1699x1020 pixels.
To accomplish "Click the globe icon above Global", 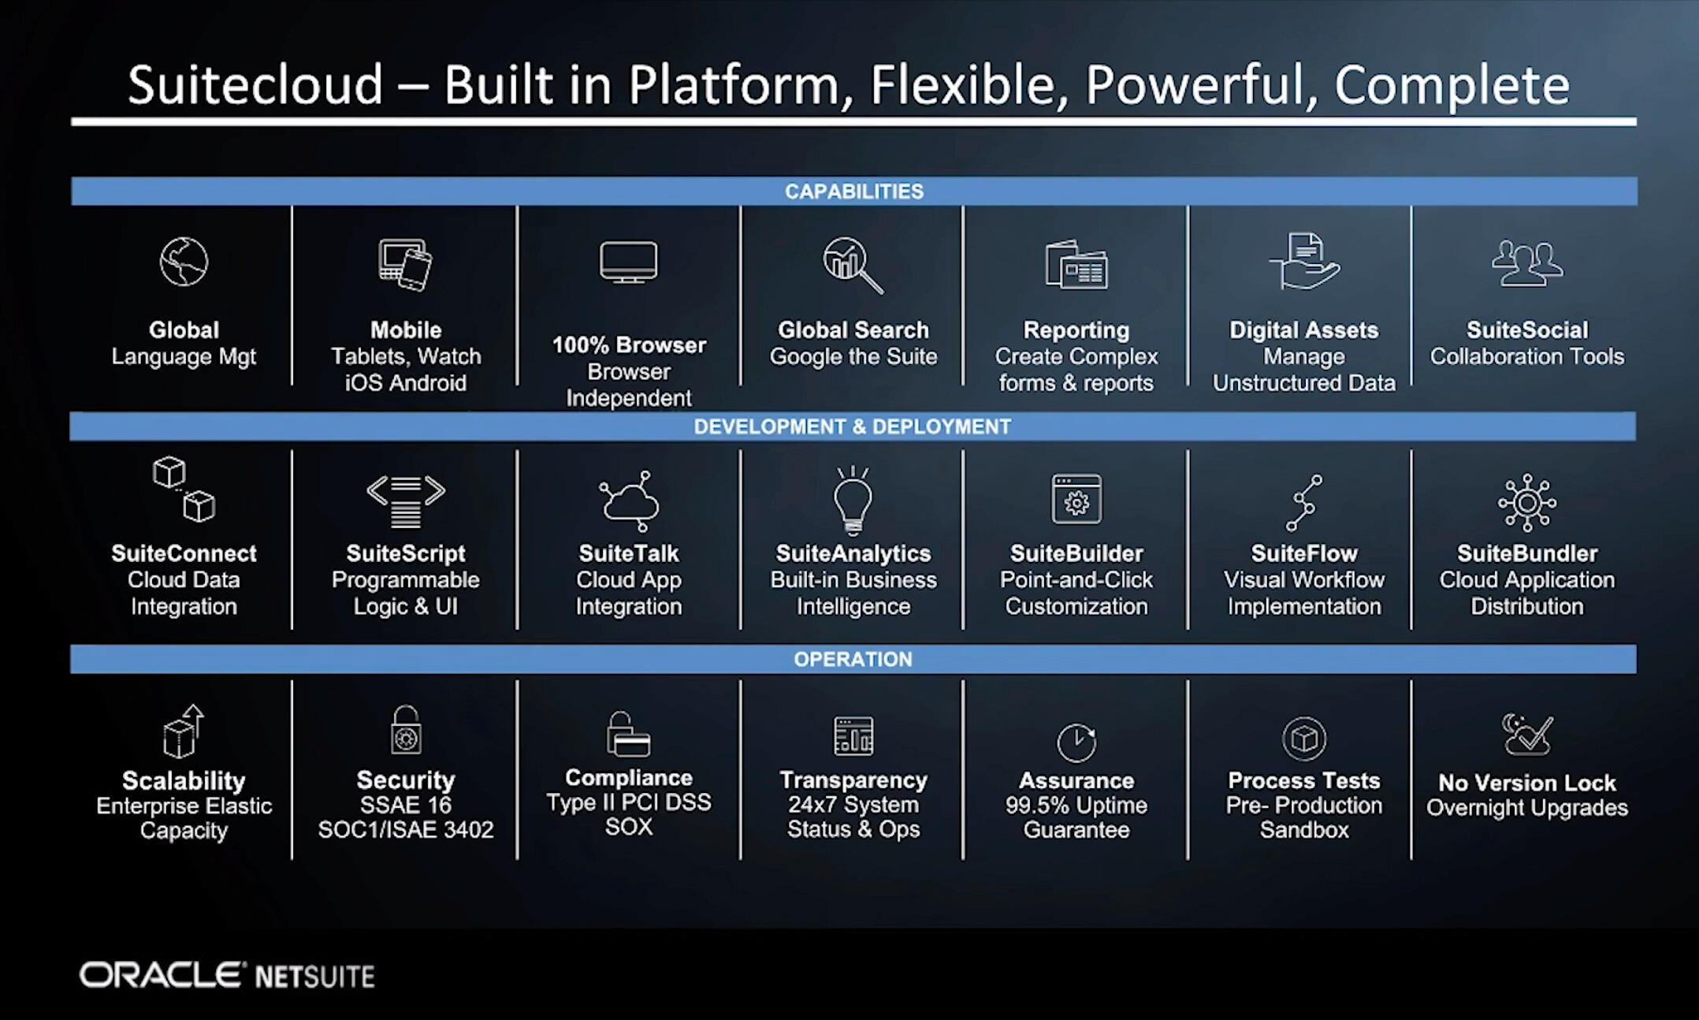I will pos(184,262).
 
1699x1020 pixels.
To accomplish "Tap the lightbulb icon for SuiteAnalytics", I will pos(853,500).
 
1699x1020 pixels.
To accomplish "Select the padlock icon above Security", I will pos(406,730).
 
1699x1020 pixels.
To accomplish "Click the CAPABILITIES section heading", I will pos(853,192).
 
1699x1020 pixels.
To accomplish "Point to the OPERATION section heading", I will pos(853,659).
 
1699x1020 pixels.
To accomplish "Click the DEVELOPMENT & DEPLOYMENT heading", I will pos(852,426).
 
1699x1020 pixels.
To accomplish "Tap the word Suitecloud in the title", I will pos(255,85).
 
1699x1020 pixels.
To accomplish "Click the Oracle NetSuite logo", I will pos(227,976).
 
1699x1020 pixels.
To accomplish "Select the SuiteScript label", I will pos(406,553).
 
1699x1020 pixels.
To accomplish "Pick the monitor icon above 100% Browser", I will pos(628,262).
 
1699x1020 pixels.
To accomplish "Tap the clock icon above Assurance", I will pos(1076,742).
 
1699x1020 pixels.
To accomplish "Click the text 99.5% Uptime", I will pos(1076,806).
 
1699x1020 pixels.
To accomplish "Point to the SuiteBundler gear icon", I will pos(1526,502).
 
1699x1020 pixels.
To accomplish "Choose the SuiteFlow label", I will pos(1304,553).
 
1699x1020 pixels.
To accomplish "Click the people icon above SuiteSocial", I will pos(1526,263).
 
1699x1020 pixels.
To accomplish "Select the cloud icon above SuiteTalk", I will pos(628,501).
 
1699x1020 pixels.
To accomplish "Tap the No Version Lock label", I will pos(1526,783).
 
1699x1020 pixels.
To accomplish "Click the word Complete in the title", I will pos(1452,85).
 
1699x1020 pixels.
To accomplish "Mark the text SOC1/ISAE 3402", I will pos(406,830).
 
